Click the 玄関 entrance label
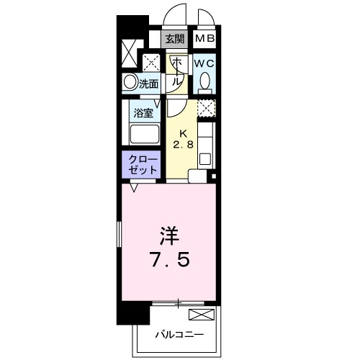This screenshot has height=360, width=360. pyautogui.click(x=174, y=39)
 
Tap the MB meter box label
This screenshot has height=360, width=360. pyautogui.click(x=204, y=39)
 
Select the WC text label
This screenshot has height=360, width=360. pyautogui.click(x=204, y=63)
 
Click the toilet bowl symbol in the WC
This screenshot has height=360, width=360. pyautogui.click(x=204, y=82)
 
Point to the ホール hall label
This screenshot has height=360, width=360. pyautogui.click(x=175, y=72)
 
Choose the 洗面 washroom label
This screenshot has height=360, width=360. pyautogui.click(x=149, y=84)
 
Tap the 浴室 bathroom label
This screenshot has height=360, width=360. pyautogui.click(x=143, y=112)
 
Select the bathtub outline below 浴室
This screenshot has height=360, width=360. pyautogui.click(x=143, y=135)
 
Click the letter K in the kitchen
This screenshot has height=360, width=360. pyautogui.click(x=183, y=132)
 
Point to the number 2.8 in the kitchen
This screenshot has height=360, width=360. pyautogui.click(x=183, y=144)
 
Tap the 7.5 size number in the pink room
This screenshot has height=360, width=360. pyautogui.click(x=170, y=259)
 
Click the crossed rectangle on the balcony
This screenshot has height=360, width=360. pyautogui.click(x=202, y=315)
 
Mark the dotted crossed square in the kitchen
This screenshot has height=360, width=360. pyautogui.click(x=207, y=109)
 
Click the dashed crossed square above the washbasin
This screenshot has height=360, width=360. pyautogui.click(x=150, y=62)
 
